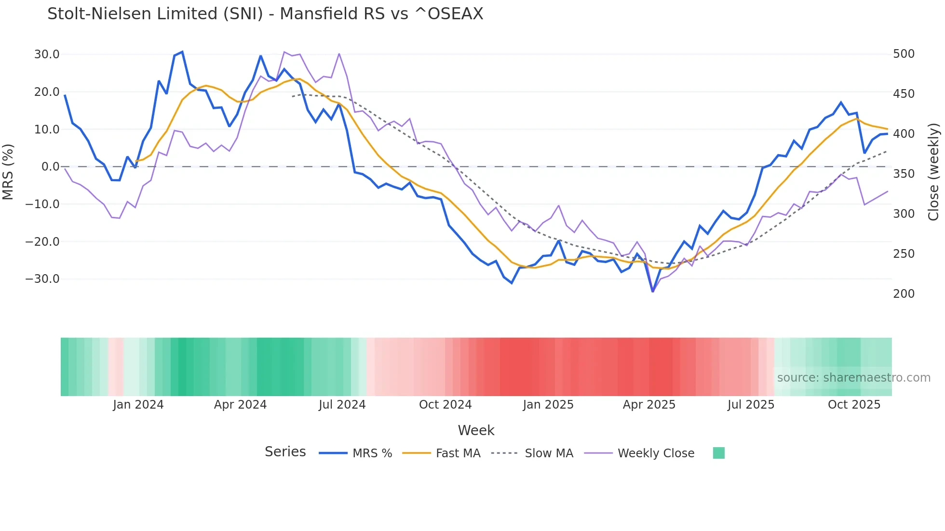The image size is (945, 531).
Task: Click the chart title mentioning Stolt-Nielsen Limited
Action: pyautogui.click(x=265, y=14)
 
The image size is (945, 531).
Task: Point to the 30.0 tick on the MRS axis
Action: pyautogui.click(x=47, y=54)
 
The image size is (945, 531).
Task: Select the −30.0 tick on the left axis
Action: pyautogui.click(x=42, y=279)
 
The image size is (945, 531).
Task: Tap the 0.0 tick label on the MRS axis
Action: pyautogui.click(x=50, y=167)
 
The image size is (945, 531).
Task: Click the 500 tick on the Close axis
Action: pyautogui.click(x=904, y=54)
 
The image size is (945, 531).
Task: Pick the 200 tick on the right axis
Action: pyautogui.click(x=904, y=294)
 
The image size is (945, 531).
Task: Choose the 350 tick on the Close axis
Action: pyautogui.click(x=904, y=174)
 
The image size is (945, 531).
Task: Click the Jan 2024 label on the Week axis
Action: pyautogui.click(x=138, y=405)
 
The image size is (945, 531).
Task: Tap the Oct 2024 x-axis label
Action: pyautogui.click(x=445, y=405)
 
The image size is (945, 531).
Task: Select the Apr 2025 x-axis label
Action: pyautogui.click(x=649, y=405)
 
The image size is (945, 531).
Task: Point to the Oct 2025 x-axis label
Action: pyautogui.click(x=854, y=405)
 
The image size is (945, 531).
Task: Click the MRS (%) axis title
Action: pyautogui.click(x=8, y=172)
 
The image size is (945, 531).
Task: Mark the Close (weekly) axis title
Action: pyautogui.click(x=934, y=172)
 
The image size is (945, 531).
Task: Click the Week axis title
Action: pyautogui.click(x=476, y=430)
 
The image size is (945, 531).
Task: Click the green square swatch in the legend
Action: pyautogui.click(x=718, y=453)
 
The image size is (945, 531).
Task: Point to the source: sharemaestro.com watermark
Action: pyautogui.click(x=853, y=378)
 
